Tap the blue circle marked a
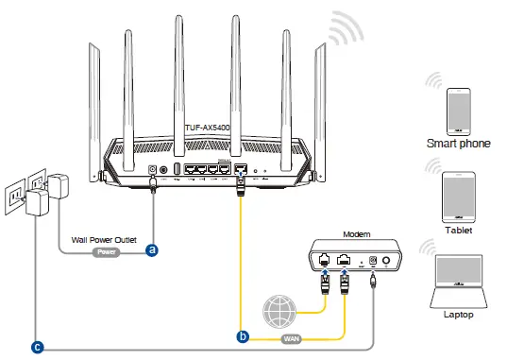coord(151,250)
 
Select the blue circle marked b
coord(243,335)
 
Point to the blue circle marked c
coord(37,347)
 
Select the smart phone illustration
coord(458,109)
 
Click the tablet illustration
coord(458,195)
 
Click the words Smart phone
coord(458,144)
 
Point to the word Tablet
coord(458,230)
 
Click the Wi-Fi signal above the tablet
coord(435,166)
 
